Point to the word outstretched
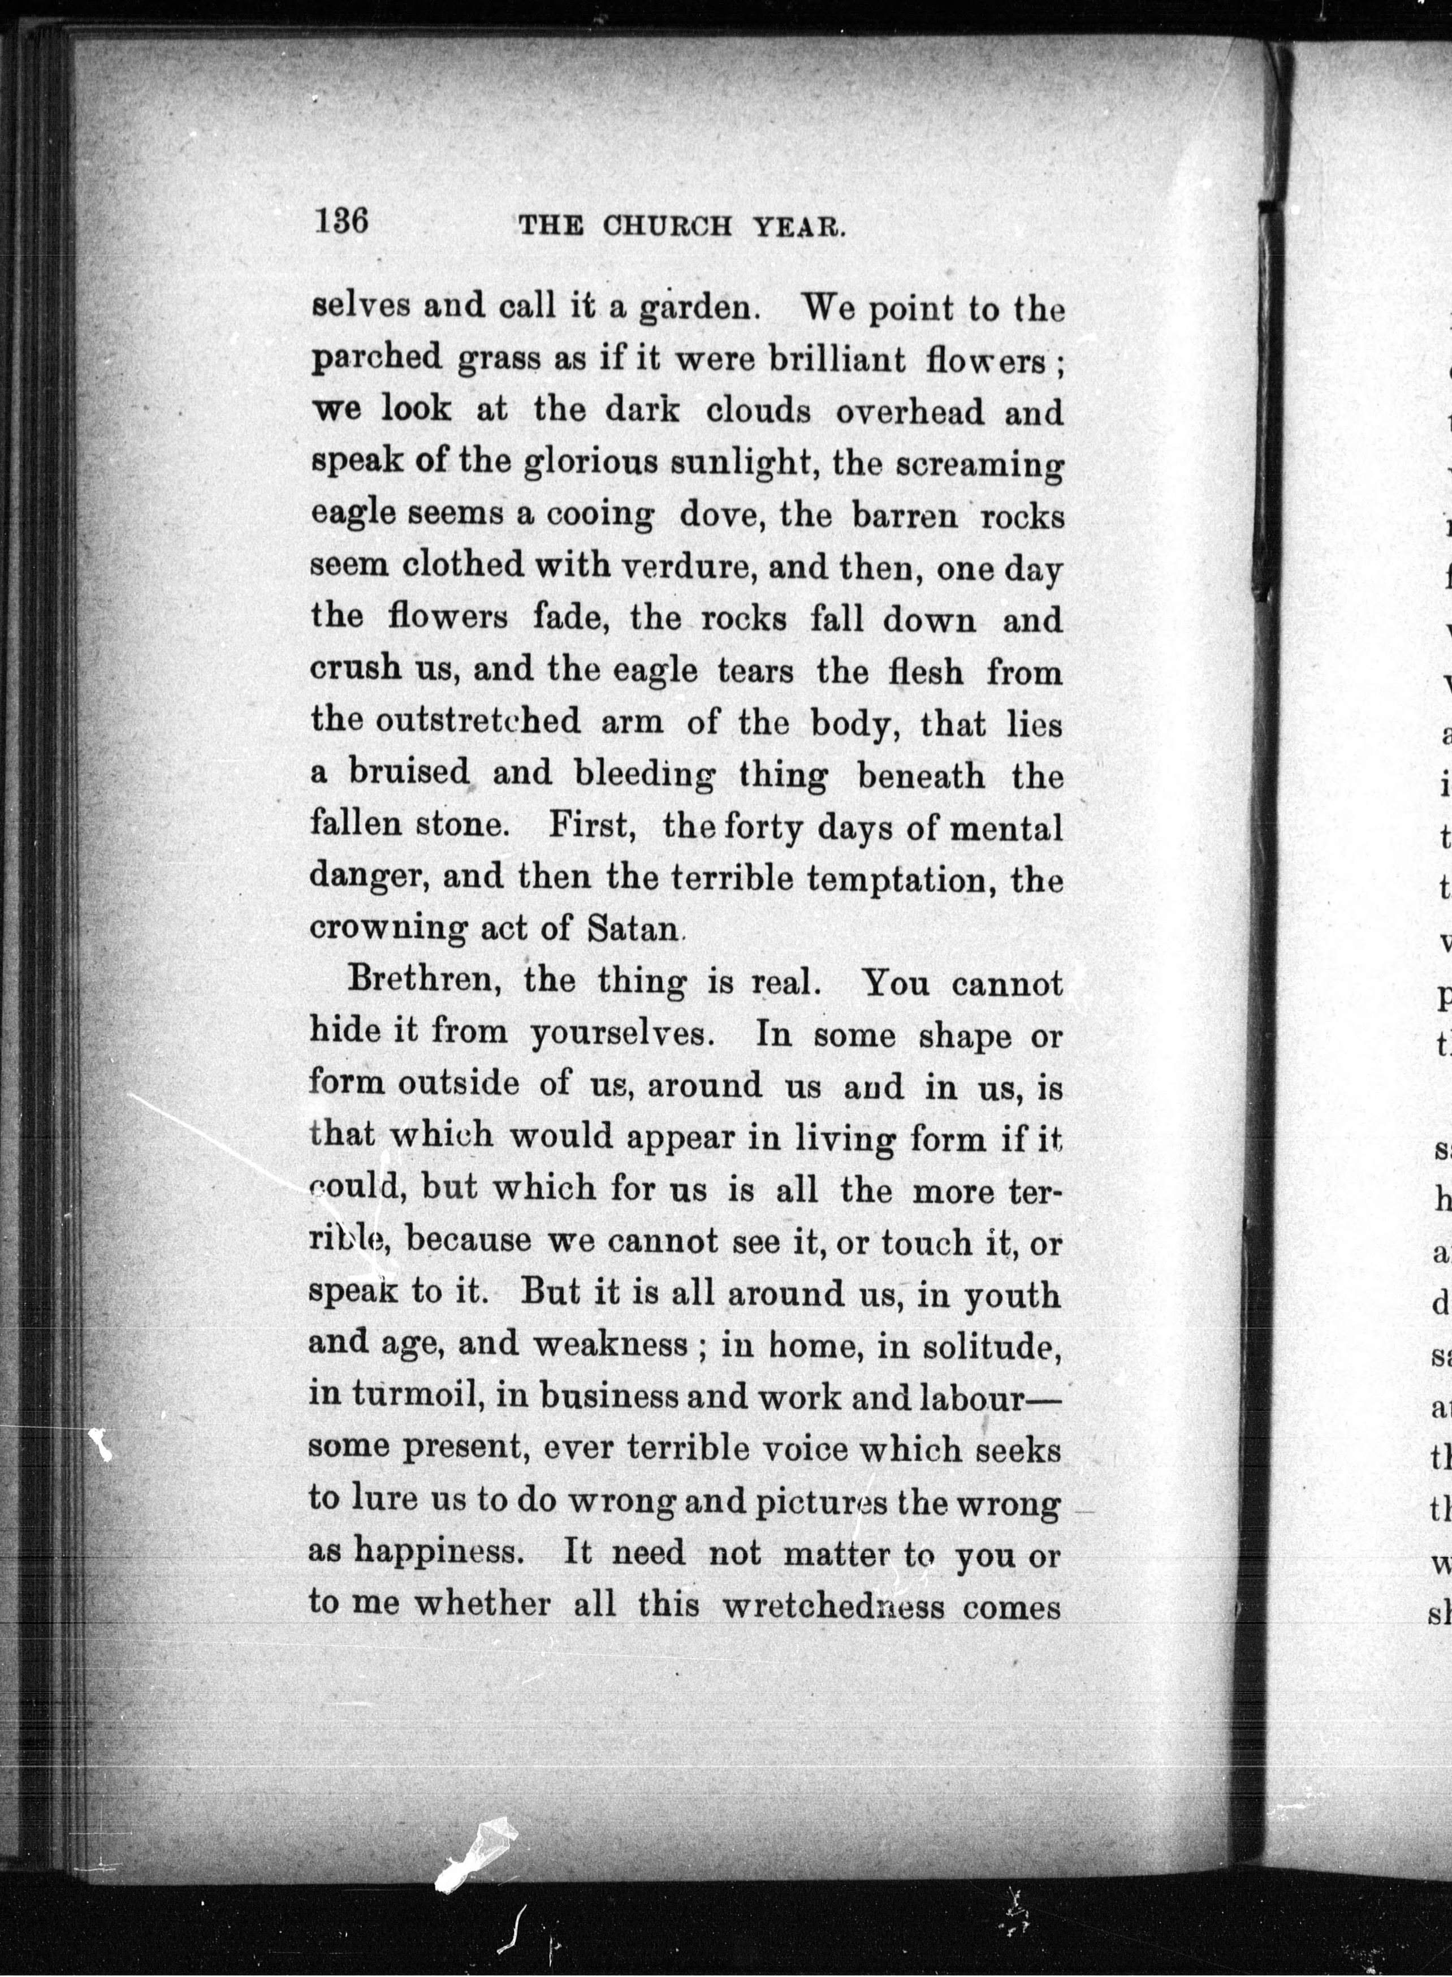478,721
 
